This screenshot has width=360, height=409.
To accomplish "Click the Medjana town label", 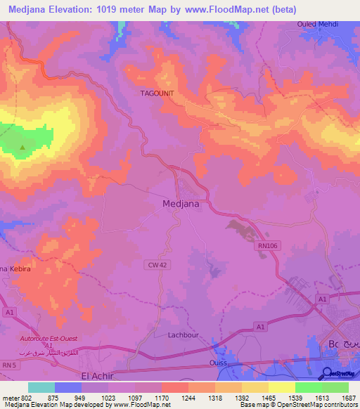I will click(x=181, y=204).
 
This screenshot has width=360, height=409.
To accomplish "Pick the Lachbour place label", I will click(x=185, y=335).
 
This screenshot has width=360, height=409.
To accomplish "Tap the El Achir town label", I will click(x=98, y=376).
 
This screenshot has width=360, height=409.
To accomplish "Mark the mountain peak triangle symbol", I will click(x=22, y=148).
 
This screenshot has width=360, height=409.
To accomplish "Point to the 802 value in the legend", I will click(x=26, y=397).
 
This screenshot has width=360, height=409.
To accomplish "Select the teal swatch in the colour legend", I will click(x=41, y=387).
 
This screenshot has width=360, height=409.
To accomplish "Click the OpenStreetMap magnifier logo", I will click(x=326, y=372).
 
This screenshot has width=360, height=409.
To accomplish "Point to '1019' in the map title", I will click(x=117, y=9).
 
